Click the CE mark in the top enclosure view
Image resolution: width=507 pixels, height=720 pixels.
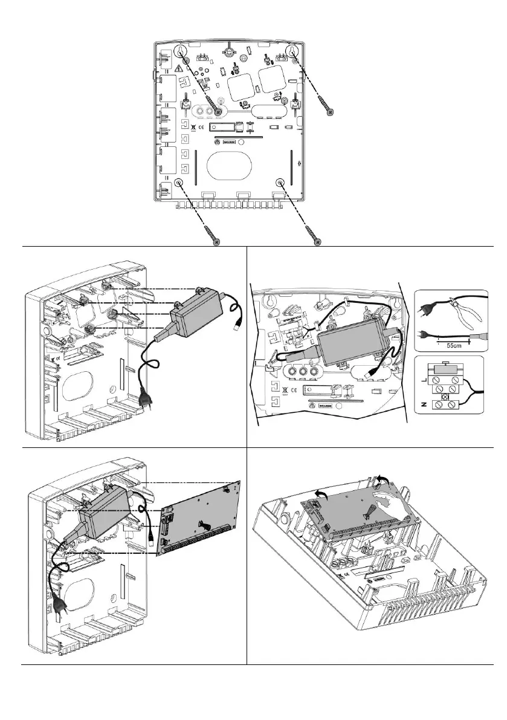[x=202, y=127]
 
